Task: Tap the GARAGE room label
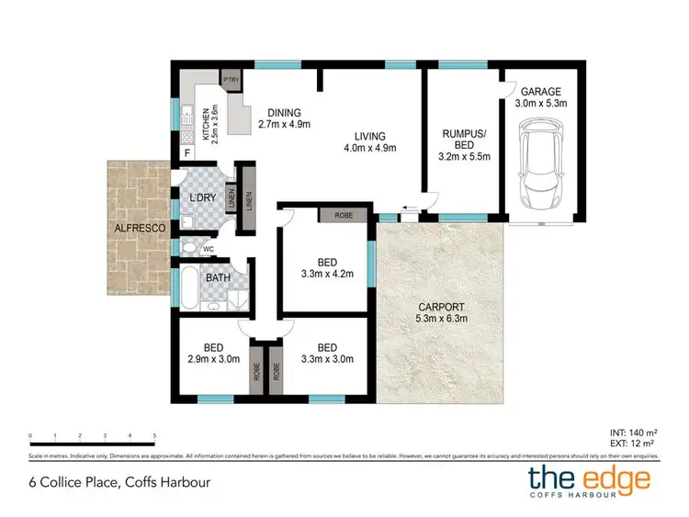pyautogui.click(x=542, y=92)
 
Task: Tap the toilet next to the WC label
pyautogui.click(x=189, y=248)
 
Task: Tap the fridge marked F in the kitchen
pyautogui.click(x=187, y=153)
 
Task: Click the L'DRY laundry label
pyautogui.click(x=201, y=197)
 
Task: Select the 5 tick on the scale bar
pyautogui.click(x=154, y=435)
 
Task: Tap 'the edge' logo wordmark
pyautogui.click(x=588, y=478)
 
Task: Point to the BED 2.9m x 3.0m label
pyautogui.click(x=213, y=354)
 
